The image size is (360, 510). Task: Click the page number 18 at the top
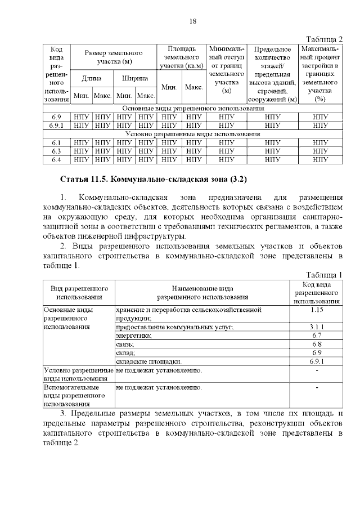(192, 21)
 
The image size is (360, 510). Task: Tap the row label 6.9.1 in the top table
(56, 126)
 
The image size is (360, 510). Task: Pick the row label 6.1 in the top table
(56, 143)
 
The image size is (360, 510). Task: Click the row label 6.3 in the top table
(56, 151)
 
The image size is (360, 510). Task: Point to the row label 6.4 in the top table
(56, 160)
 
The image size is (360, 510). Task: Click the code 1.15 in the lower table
(316, 310)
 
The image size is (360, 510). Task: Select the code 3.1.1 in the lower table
(316, 326)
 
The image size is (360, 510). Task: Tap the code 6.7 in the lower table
(316, 335)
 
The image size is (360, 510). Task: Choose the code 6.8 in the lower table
(316, 343)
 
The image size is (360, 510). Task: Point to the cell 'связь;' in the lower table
(125, 343)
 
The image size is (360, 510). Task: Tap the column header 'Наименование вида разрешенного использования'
(202, 292)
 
